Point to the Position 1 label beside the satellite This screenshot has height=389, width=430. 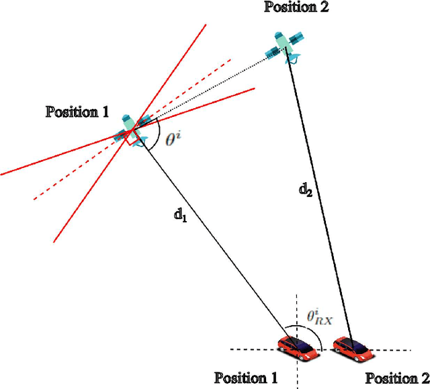tap(77, 112)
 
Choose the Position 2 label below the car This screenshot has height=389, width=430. tap(397, 377)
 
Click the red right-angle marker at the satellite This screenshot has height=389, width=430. tap(125, 138)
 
